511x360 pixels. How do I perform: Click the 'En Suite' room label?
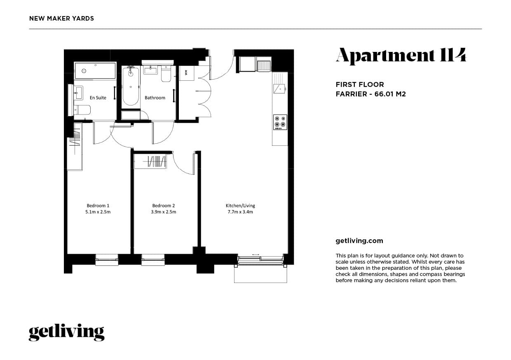98,98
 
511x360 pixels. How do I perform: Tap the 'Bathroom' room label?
155,98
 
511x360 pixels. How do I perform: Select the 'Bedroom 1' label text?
98,206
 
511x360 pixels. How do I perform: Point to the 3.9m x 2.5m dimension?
164,212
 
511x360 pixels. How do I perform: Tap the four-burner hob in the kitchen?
280,122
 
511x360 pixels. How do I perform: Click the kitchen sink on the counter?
280,88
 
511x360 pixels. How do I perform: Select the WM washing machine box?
186,73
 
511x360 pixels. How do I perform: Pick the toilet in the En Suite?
82,110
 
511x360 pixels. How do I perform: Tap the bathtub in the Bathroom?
131,86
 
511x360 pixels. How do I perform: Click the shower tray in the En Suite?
95,71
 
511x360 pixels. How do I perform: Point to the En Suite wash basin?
78,93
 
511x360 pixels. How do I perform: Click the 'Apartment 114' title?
401,56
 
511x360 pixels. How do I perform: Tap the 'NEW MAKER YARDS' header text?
62,19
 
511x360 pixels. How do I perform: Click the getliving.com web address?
359,241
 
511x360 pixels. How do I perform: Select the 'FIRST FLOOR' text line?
360,84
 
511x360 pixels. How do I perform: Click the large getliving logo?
66,332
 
